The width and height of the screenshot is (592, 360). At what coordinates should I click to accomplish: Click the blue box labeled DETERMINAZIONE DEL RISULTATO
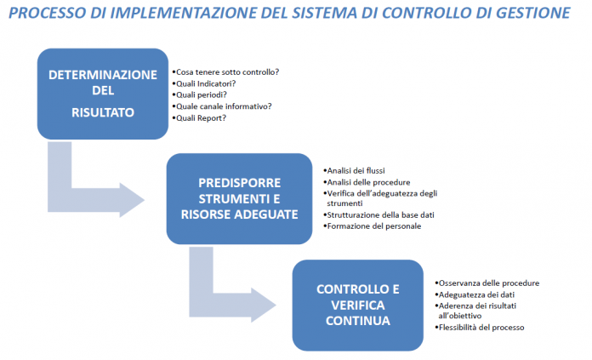click(103, 94)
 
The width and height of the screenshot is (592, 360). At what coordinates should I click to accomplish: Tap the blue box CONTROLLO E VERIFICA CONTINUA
click(358, 306)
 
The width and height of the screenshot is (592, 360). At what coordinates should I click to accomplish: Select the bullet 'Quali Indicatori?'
click(206, 83)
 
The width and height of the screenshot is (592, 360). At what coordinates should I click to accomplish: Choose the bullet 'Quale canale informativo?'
click(224, 106)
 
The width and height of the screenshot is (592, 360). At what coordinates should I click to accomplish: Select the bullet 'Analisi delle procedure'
click(368, 182)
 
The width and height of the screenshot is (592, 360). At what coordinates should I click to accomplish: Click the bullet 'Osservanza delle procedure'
click(489, 283)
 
